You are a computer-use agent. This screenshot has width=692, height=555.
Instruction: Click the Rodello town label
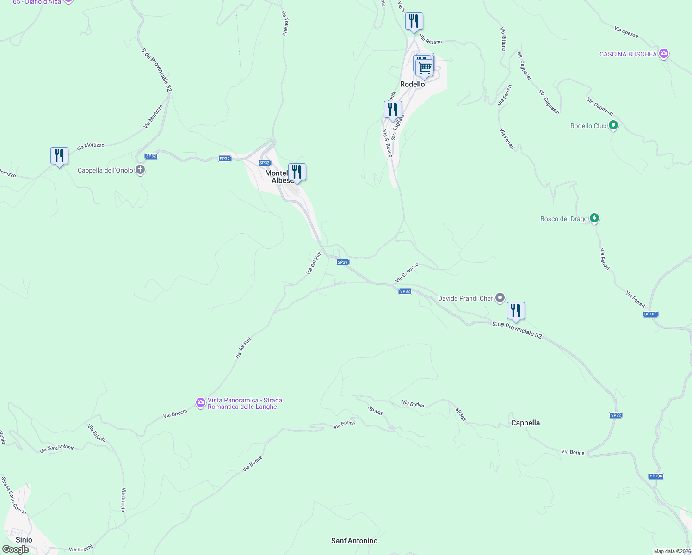click(x=412, y=84)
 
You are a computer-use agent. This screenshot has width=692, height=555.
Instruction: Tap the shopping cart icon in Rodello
click(x=424, y=68)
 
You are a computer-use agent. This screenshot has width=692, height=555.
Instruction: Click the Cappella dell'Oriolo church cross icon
click(x=140, y=170)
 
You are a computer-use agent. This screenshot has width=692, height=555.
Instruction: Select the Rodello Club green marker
click(x=613, y=125)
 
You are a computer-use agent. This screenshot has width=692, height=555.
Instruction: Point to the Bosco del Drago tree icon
click(x=594, y=218)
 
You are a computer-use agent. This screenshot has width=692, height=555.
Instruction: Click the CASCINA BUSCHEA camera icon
click(x=664, y=54)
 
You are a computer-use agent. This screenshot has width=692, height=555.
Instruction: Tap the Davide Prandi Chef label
click(x=465, y=298)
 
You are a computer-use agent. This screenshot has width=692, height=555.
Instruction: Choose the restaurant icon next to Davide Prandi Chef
click(x=516, y=311)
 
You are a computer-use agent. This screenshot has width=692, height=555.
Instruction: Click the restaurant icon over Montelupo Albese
click(x=297, y=172)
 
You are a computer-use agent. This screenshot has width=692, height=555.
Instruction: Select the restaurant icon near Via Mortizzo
click(x=59, y=156)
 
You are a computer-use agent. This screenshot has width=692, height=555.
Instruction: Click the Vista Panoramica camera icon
click(x=200, y=403)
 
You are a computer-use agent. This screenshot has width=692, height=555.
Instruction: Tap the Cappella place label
click(x=525, y=423)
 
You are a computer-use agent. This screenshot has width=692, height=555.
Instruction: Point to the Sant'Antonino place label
click(x=354, y=541)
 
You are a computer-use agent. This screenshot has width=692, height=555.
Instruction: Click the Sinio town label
click(x=24, y=540)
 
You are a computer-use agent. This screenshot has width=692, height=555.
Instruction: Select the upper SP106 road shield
click(x=650, y=314)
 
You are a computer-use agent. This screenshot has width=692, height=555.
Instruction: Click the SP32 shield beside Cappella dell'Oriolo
click(x=151, y=156)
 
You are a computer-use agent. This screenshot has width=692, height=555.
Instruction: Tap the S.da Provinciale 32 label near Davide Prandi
click(x=517, y=329)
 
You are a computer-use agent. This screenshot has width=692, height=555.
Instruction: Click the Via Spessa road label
click(x=626, y=32)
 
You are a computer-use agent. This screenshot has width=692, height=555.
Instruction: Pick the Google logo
click(x=16, y=549)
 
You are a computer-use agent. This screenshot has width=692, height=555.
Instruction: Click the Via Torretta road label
click(x=284, y=23)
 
